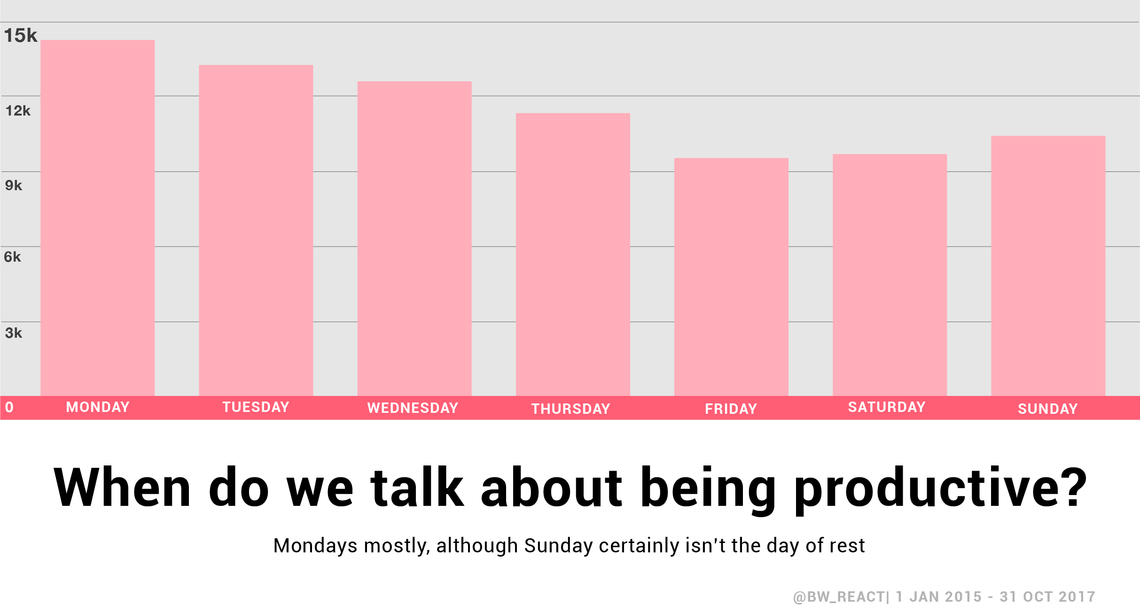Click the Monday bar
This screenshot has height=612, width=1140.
click(x=97, y=218)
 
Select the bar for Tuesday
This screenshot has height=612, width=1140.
click(x=256, y=230)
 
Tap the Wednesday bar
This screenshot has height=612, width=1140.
click(x=414, y=239)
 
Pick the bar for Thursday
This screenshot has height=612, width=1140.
click(x=573, y=255)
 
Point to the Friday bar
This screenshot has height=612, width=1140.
click(x=731, y=277)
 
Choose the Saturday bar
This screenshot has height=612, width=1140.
click(x=890, y=275)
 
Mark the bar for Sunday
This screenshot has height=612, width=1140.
click(x=1048, y=266)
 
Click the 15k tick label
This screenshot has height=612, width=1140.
click(x=21, y=36)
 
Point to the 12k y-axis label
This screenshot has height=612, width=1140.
click(x=18, y=111)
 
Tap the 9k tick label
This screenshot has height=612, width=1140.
click(x=14, y=186)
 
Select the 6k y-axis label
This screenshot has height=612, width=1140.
click(x=13, y=257)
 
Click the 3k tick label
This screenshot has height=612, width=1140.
click(x=14, y=333)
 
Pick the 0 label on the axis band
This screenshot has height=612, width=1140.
click(x=9, y=407)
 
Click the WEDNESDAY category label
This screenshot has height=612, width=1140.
click(x=413, y=408)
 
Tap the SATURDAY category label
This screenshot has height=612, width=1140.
click(x=887, y=407)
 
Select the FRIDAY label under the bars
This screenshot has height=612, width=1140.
click(x=731, y=409)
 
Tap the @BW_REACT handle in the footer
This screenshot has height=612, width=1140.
click(x=839, y=597)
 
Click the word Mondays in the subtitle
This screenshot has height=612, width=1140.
click(x=316, y=546)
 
